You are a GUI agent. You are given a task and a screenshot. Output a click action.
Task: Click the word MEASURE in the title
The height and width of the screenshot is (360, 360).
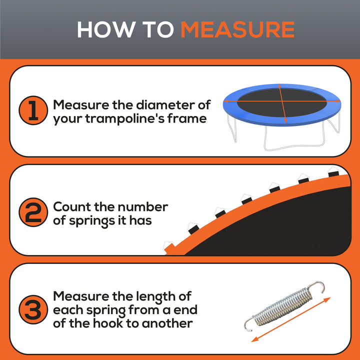point(237,29)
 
